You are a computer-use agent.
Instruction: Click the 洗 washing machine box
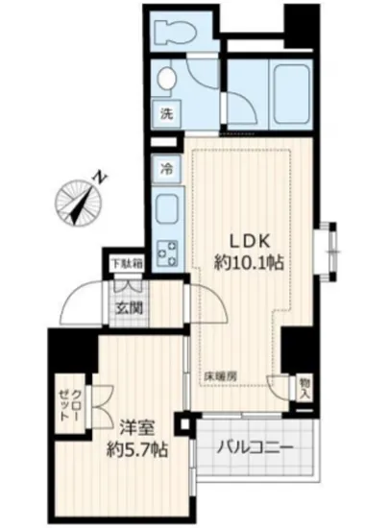(165, 111)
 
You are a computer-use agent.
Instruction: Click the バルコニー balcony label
(254, 447)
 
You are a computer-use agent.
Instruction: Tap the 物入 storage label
(304, 387)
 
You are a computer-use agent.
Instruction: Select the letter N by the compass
(99, 178)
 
